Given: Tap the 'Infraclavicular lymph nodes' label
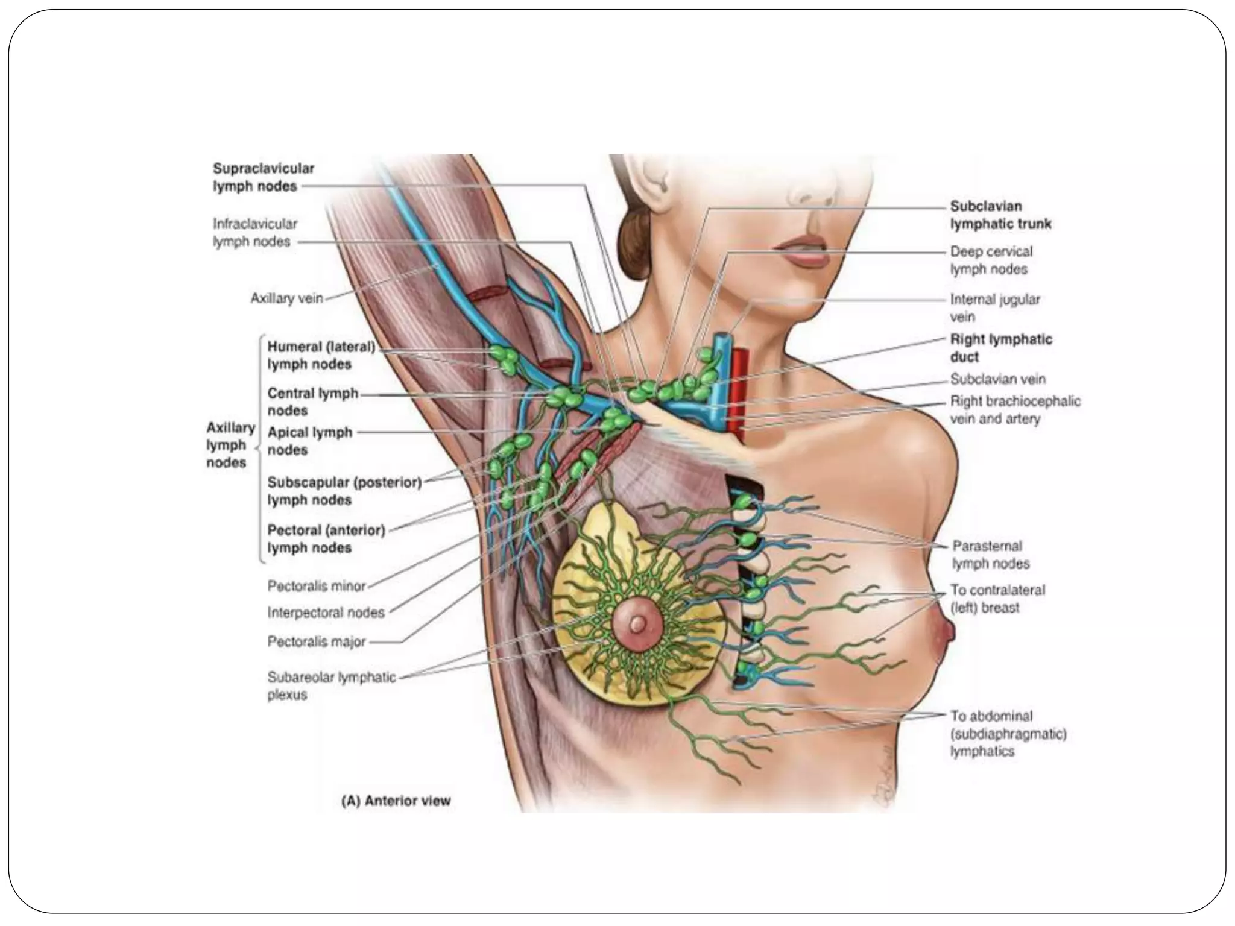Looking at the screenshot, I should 254,233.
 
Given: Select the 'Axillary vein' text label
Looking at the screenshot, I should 286,298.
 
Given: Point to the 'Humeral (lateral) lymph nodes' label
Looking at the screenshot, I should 321,356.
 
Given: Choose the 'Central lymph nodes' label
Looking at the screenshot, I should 312,402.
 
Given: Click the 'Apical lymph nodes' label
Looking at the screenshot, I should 309,441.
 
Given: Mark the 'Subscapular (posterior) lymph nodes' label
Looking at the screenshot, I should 344,491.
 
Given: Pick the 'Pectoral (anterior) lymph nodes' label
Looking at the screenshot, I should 326,539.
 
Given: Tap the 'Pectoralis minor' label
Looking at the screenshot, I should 316,585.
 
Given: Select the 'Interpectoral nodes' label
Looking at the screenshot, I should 326,613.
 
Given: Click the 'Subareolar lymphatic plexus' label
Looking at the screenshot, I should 331,685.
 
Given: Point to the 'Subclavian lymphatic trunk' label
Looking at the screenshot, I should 1000,215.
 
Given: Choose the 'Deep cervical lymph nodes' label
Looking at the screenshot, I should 991,260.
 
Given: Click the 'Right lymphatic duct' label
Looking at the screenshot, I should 1000,348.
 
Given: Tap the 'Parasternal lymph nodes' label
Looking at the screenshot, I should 990,555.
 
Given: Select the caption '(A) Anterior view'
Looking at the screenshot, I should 396,801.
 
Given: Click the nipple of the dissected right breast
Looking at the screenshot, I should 636,624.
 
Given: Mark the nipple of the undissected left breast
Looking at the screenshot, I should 949,632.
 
